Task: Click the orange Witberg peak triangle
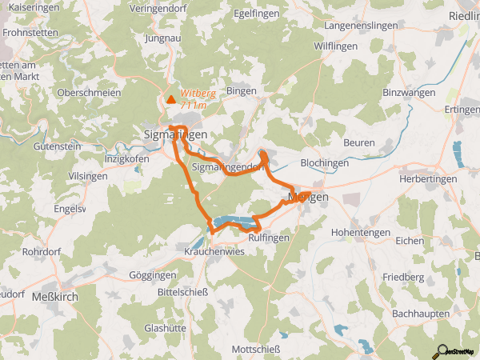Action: click(x=170, y=99)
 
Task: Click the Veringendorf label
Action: click(x=167, y=10)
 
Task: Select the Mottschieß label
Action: click(x=256, y=350)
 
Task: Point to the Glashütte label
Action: click(x=166, y=327)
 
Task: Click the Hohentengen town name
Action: click(x=360, y=232)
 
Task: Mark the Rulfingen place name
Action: click(x=269, y=237)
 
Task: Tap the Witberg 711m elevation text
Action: click(x=197, y=98)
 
